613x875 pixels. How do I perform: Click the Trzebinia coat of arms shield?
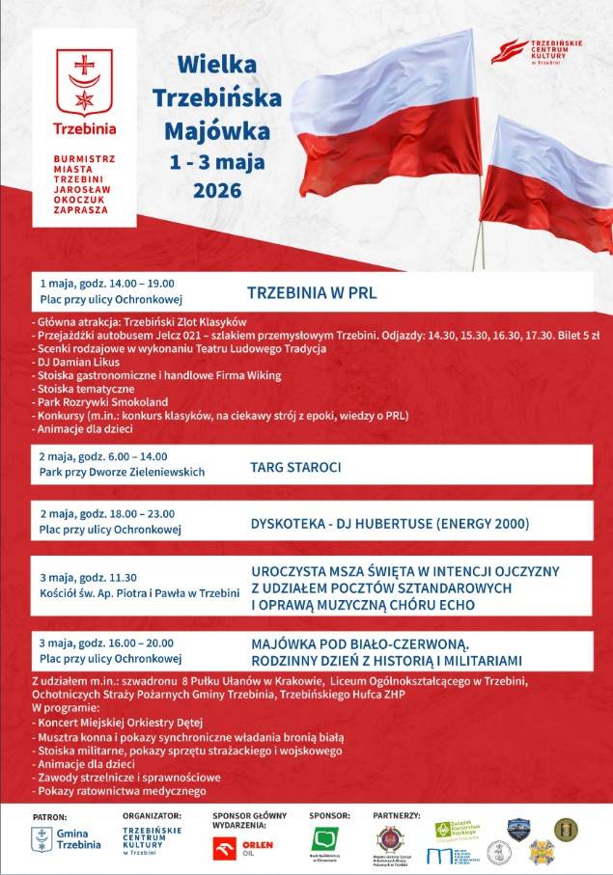tap(84, 81)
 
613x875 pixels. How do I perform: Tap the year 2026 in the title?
tap(217, 190)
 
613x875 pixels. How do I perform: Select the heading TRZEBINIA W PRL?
tap(312, 292)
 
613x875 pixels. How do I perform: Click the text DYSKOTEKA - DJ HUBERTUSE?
tap(338, 524)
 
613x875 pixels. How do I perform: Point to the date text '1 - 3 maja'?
tap(217, 160)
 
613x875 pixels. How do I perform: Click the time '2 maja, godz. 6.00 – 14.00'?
tap(103, 456)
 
